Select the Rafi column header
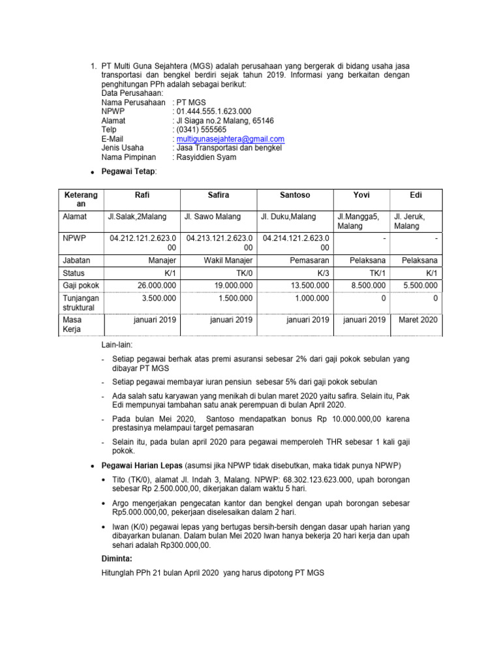tap(142, 195)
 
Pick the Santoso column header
tap(295, 195)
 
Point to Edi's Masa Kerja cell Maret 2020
tap(417, 320)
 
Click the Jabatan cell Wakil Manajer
tap(227, 260)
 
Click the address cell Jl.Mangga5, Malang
tap(358, 221)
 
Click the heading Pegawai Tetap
tap(129, 171)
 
